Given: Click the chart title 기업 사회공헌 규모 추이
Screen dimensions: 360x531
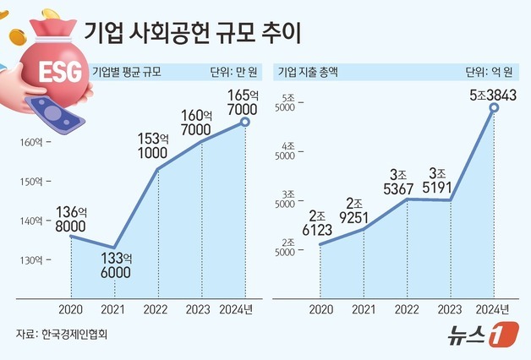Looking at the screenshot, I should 194,34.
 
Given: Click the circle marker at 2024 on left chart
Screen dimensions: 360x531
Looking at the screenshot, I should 245,123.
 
